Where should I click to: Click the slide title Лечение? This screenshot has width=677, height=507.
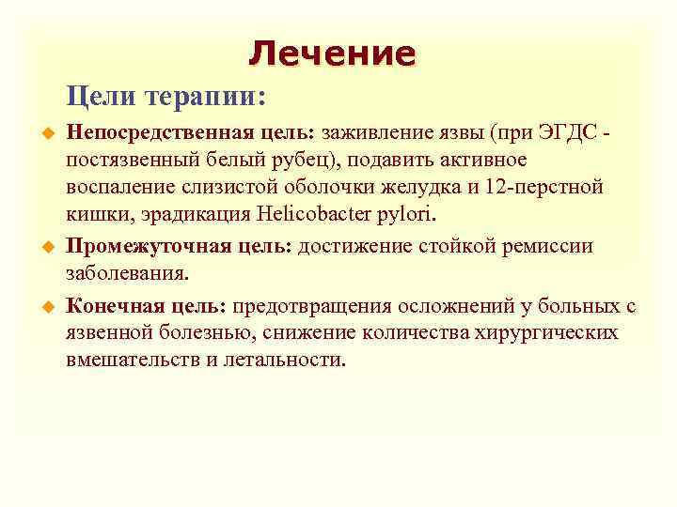coord(331,53)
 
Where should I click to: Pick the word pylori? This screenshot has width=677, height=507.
coord(405,214)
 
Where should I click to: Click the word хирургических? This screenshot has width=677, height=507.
coord(546,332)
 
